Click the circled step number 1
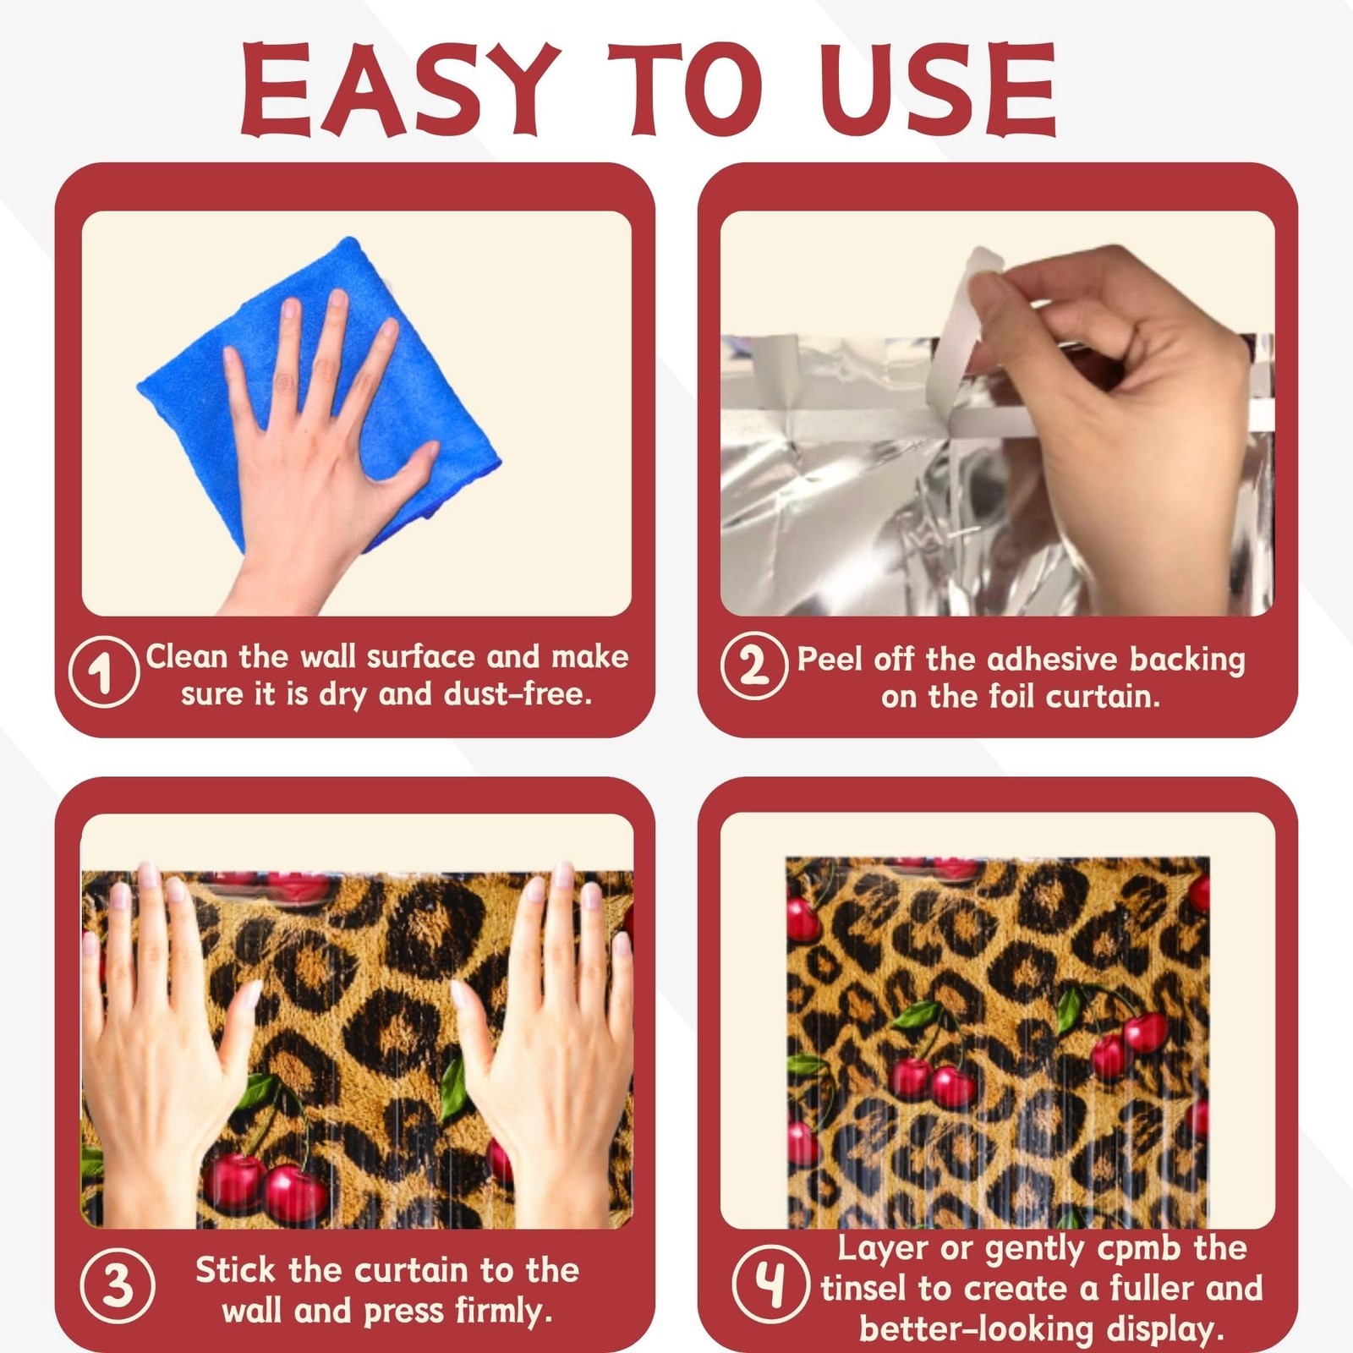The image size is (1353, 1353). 104,672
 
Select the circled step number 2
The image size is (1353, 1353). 754,665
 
